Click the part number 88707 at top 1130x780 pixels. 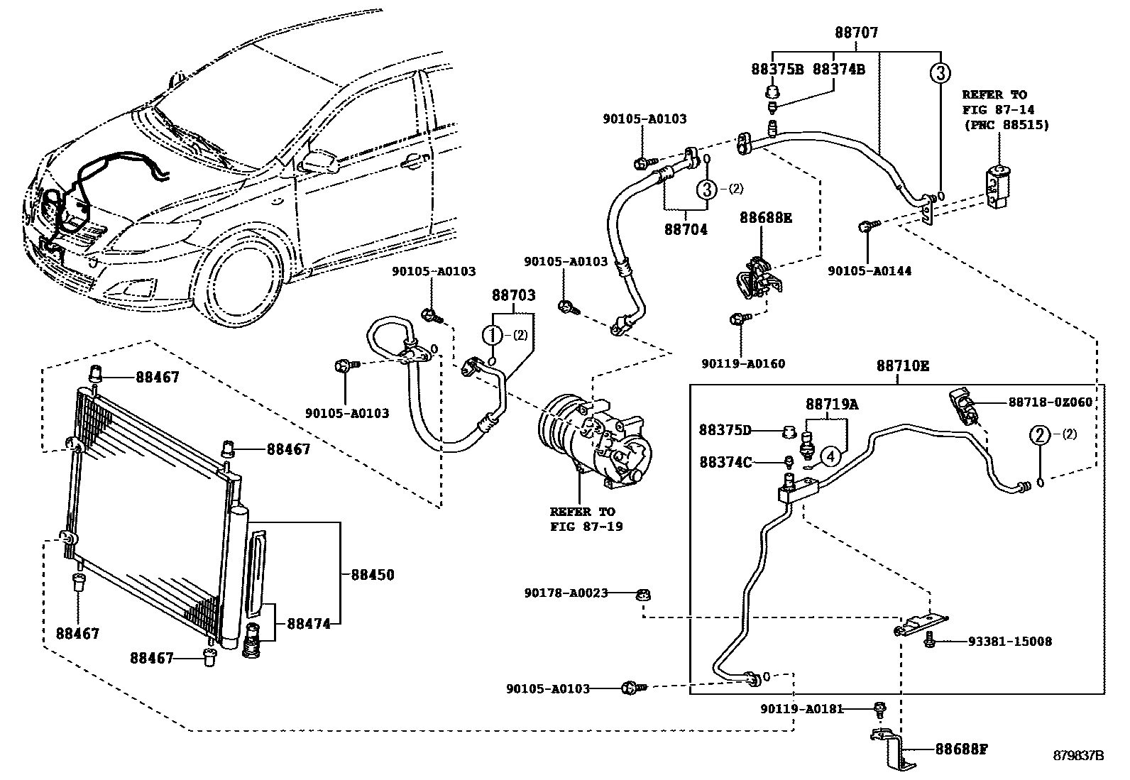pyautogui.click(x=856, y=33)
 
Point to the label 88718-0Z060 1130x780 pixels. pyautogui.click(x=1050, y=402)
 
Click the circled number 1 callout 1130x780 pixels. pyautogui.click(x=492, y=335)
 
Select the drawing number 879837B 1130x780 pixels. pyautogui.click(x=1078, y=755)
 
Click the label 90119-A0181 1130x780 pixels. pyautogui.click(x=801, y=708)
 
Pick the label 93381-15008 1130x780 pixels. pyautogui.click(x=1009, y=642)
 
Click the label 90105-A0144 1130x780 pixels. pyautogui.click(x=870, y=271)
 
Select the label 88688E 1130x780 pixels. pyautogui.click(x=765, y=218)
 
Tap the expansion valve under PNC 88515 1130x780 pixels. pyautogui.click(x=998, y=186)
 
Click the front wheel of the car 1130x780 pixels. pyautogui.click(x=243, y=275)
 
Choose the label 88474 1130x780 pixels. pyautogui.click(x=309, y=624)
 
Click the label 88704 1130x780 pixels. pyautogui.click(x=686, y=230)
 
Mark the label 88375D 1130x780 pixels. pyautogui.click(x=724, y=430)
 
